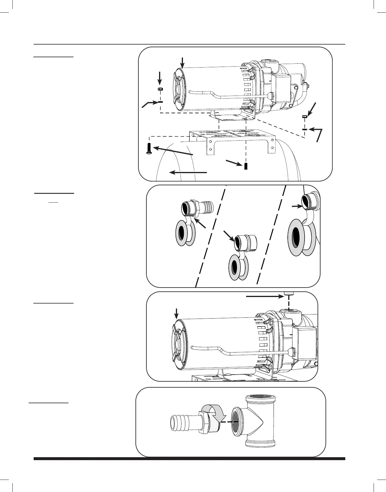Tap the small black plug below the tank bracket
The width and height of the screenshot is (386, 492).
coord(246,166)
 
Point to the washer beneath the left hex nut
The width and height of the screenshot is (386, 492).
coord(160,101)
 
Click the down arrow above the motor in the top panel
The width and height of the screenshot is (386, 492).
coord(183,62)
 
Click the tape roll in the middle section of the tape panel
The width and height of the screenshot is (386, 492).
coord(238,267)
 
